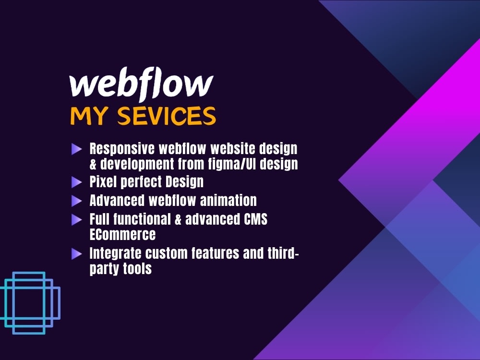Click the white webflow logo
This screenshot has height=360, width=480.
[x=141, y=85]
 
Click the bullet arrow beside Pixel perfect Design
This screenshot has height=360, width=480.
[x=76, y=182]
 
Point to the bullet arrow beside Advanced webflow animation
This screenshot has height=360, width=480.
[x=76, y=201]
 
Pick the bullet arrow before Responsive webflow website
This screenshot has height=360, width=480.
[x=76, y=149]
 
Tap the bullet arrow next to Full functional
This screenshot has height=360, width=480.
[x=76, y=220]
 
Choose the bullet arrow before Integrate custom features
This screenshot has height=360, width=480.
[x=76, y=253]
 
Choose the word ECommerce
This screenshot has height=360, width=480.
[x=122, y=234]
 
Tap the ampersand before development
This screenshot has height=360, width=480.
[x=93, y=164]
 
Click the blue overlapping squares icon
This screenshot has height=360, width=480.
[x=30, y=303]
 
